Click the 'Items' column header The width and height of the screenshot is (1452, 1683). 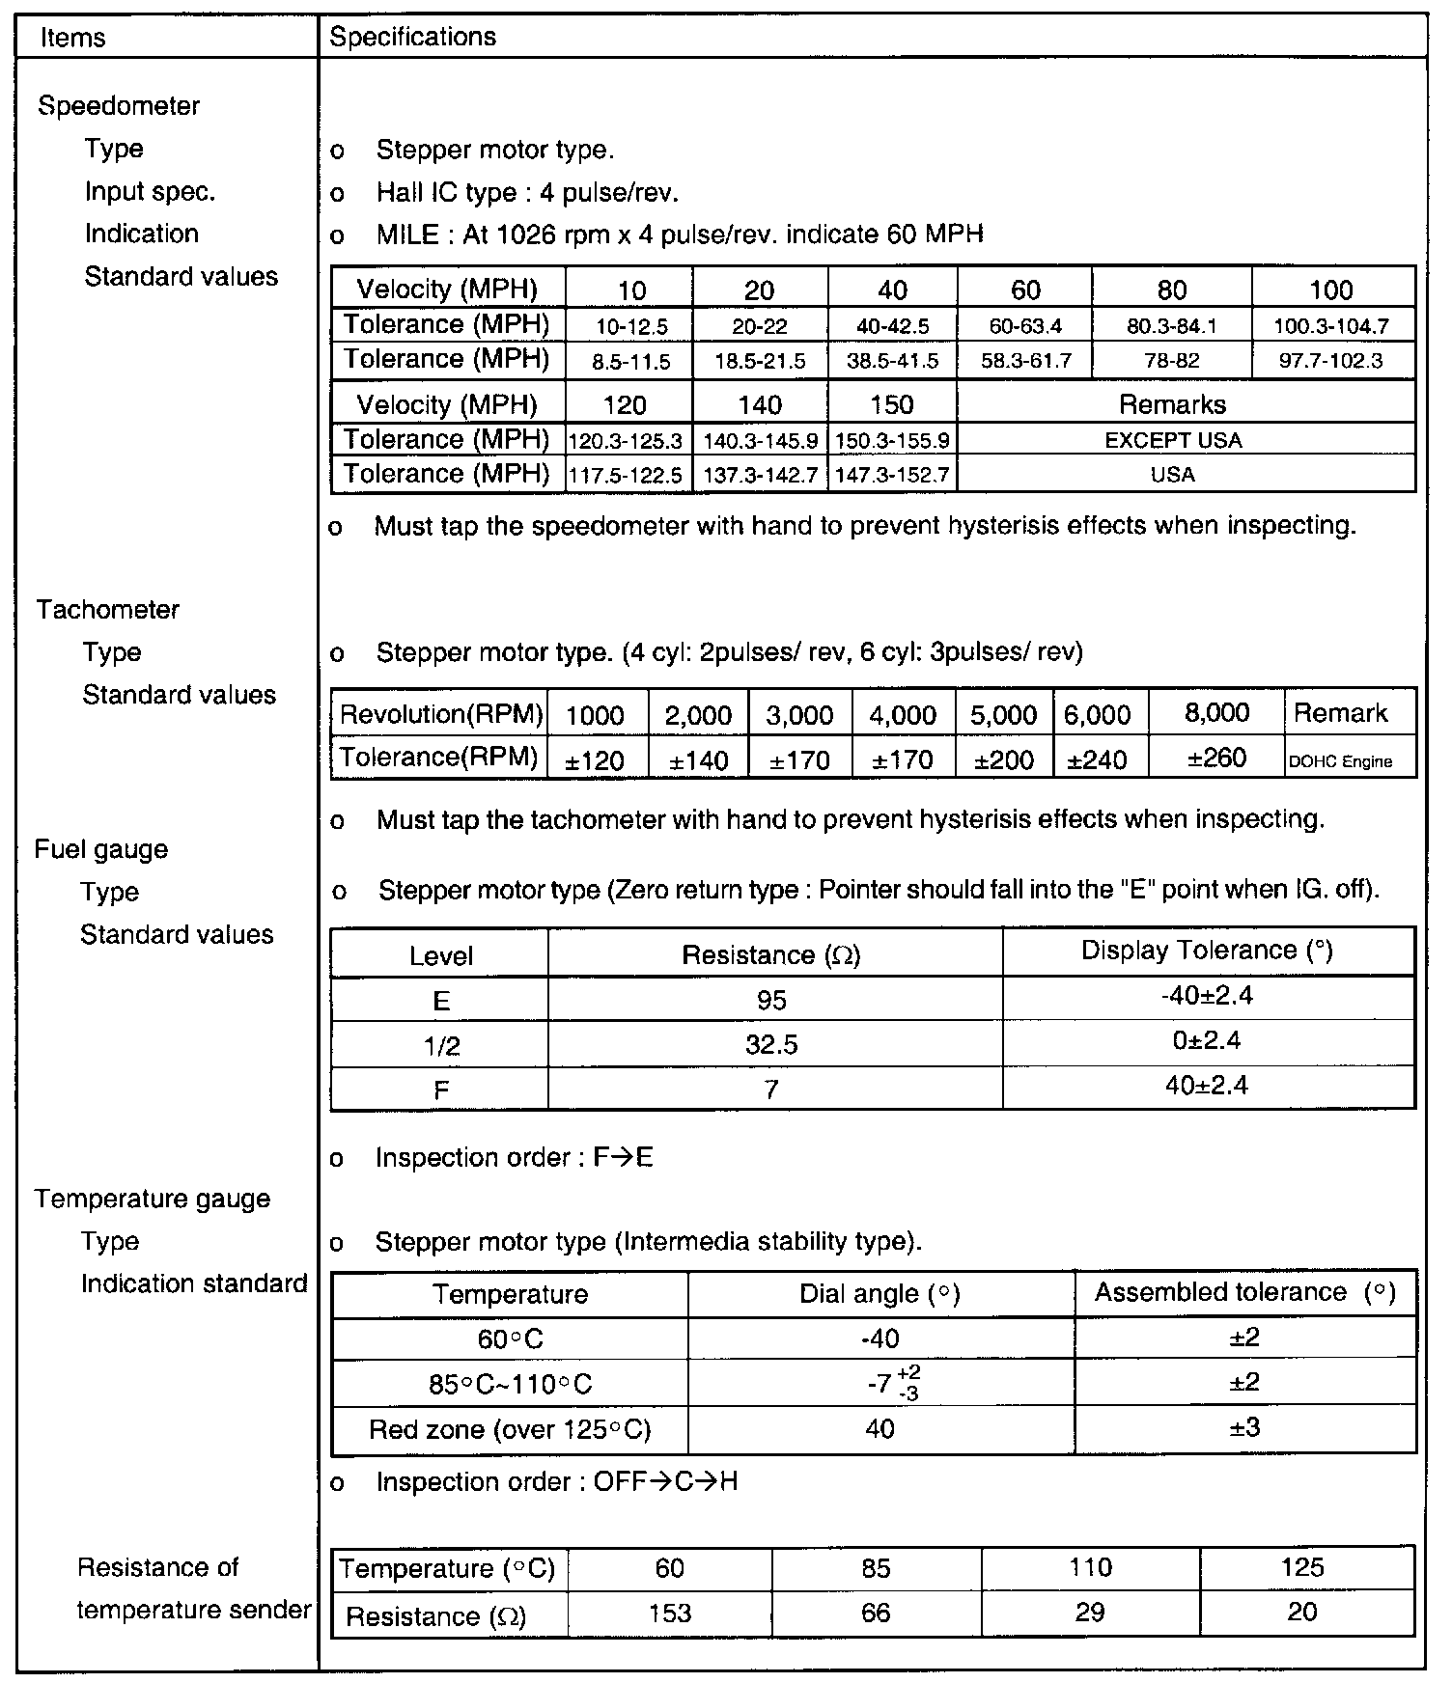73,38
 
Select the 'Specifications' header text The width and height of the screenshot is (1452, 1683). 412,37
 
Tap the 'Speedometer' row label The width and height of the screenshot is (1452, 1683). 119,106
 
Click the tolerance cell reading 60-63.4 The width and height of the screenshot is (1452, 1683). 1025,326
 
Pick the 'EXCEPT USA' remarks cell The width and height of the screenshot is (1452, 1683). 1173,440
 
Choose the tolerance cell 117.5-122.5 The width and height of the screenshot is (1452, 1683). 626,476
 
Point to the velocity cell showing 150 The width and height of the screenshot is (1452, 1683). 892,404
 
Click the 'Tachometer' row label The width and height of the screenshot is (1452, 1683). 108,610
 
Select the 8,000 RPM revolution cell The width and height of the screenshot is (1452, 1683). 1217,713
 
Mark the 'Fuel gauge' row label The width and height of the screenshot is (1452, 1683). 101,849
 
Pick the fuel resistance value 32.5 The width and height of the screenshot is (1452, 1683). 771,1044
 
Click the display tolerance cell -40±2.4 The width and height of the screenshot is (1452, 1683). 1207,996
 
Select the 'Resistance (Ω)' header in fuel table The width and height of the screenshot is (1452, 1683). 771,955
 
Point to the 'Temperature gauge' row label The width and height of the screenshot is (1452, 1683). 153,1199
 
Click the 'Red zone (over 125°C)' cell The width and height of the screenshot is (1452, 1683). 510,1429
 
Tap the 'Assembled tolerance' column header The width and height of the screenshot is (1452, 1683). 1244,1293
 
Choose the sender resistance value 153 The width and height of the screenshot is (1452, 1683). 670,1614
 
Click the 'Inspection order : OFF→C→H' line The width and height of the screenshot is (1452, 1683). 557,1481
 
